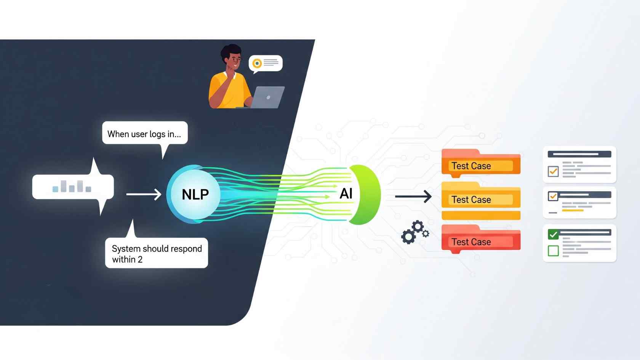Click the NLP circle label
(x=195, y=194)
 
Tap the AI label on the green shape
(x=346, y=194)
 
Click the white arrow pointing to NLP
(x=144, y=194)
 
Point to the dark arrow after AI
(x=413, y=197)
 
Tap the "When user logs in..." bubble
(x=145, y=134)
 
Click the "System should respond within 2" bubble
(x=157, y=253)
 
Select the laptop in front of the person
(x=268, y=98)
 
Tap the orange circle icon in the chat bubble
(x=257, y=63)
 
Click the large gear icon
(x=408, y=237)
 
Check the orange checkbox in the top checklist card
(x=553, y=171)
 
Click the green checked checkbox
(x=553, y=234)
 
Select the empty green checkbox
(x=553, y=251)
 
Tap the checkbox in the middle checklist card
(x=553, y=196)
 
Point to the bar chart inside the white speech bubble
(x=72, y=186)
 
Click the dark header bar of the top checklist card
(x=579, y=154)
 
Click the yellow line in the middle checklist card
(x=573, y=210)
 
